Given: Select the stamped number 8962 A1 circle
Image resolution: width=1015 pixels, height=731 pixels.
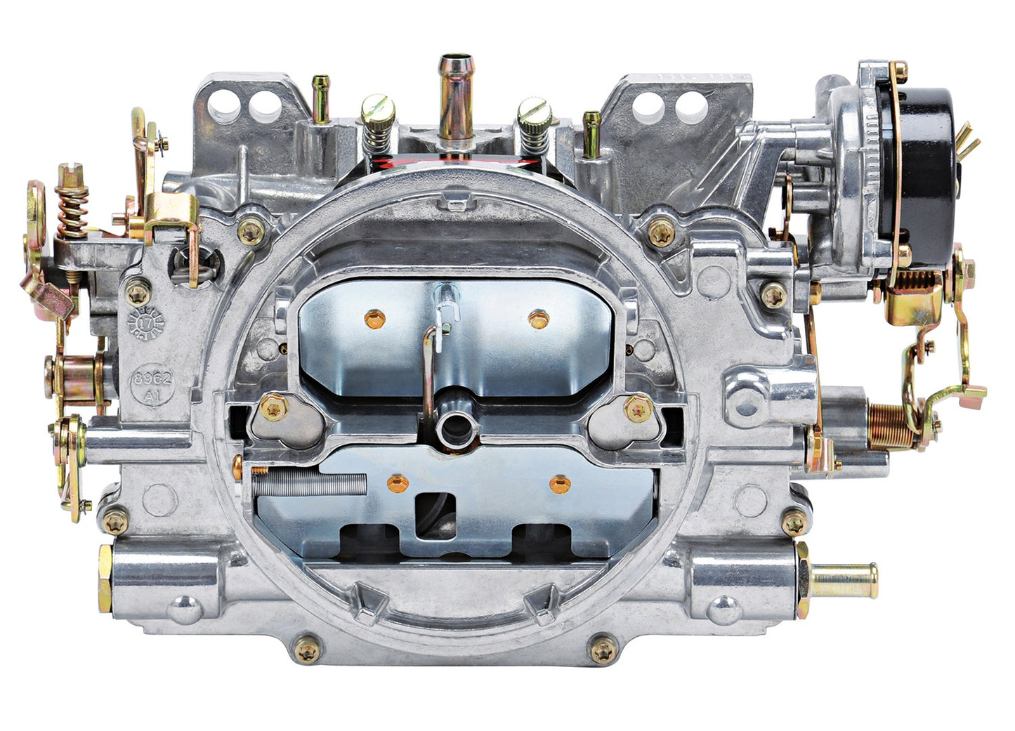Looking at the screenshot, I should [154, 385].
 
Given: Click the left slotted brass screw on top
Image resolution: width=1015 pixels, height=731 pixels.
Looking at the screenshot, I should [378, 111].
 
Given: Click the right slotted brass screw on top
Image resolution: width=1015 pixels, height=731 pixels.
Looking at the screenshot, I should [535, 111].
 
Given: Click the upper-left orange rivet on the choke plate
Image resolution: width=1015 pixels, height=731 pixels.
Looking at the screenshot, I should [375, 320].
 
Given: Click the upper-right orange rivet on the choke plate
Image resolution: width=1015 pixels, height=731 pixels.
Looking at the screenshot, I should [538, 320].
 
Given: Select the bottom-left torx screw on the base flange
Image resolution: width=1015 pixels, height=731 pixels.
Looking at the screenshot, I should [306, 650].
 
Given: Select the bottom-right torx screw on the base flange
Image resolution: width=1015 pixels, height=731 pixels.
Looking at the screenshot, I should [604, 650].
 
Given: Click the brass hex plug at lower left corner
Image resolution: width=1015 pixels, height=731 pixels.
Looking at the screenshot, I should [105, 577].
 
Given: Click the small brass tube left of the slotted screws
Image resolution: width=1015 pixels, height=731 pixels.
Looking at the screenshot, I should [320, 98].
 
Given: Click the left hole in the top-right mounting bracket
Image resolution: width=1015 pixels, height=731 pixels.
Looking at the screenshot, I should [647, 108].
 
